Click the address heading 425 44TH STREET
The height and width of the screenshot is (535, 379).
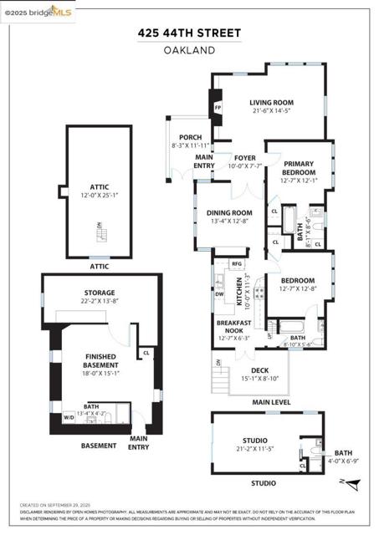click(x=189, y=33)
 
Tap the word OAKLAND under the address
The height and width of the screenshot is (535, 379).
click(x=189, y=50)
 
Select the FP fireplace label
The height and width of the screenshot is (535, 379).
click(x=218, y=108)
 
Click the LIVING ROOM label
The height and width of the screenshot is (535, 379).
click(x=271, y=103)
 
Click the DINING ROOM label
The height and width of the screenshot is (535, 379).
click(x=229, y=213)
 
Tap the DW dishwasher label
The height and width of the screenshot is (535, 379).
click(x=218, y=294)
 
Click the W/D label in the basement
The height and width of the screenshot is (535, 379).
click(x=68, y=416)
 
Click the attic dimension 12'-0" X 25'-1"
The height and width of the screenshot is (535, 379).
click(x=100, y=196)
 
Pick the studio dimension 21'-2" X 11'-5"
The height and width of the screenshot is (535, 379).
click(x=255, y=449)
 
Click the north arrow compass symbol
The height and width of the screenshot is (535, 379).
click(x=353, y=483)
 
